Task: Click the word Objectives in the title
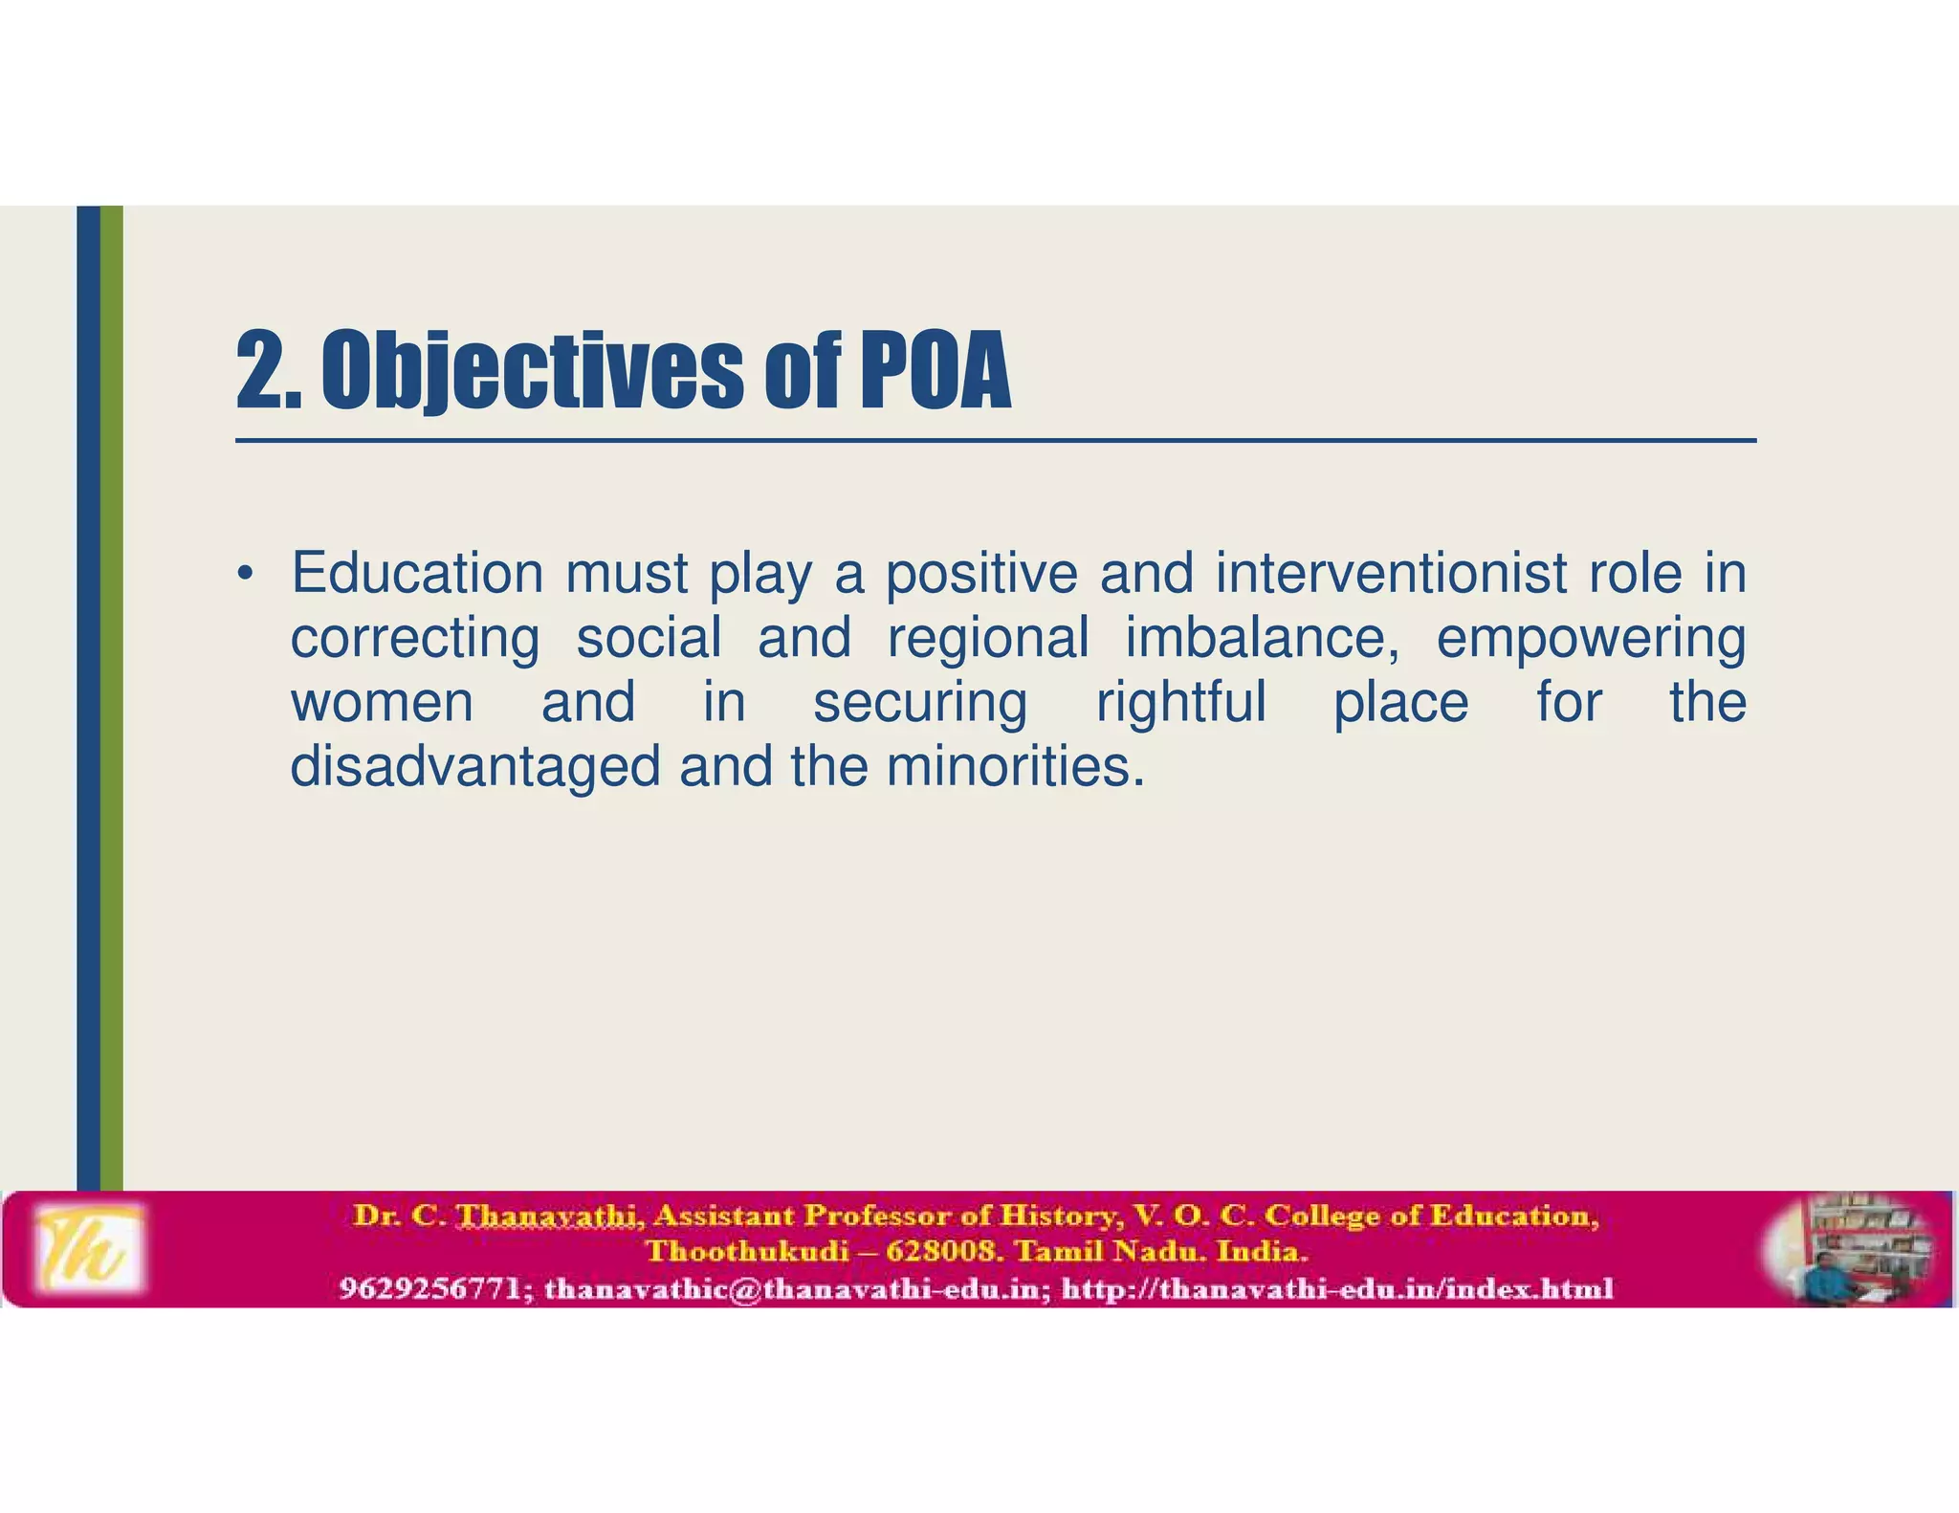531,371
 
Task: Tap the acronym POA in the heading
935,371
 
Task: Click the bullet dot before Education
246,575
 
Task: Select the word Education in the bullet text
417,573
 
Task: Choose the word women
382,702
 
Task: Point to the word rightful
1181,702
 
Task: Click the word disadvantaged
475,767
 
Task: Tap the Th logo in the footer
89,1249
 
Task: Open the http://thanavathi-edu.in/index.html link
1337,1289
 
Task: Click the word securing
920,704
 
